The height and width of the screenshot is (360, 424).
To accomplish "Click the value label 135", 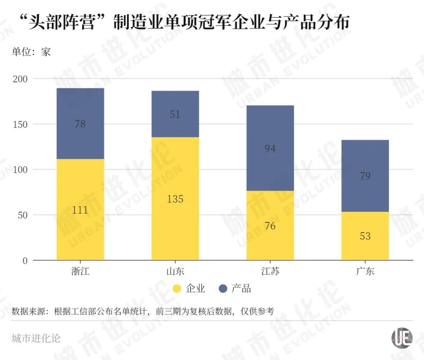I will (x=175, y=199).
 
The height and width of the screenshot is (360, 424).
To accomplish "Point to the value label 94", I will (x=270, y=149).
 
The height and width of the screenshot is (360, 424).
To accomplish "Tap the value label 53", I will (x=365, y=236).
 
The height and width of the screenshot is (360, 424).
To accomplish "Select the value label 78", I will (x=80, y=124).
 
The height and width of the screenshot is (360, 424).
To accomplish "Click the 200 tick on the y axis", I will (x=20, y=79).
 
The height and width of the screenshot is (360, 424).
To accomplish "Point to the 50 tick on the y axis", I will (x=22, y=215).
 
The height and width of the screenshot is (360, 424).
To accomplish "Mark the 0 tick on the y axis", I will (x=25, y=261).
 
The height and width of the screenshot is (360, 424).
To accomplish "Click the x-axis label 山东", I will (x=175, y=271).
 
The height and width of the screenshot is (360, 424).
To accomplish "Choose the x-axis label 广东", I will (x=365, y=271).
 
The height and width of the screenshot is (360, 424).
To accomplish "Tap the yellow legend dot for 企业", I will (x=177, y=289).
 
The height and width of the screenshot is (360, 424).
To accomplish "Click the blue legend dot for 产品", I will (x=223, y=289).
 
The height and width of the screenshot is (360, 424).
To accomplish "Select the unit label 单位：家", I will (x=31, y=52).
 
